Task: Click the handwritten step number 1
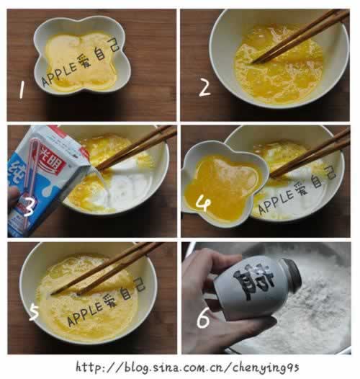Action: click(x=22, y=90)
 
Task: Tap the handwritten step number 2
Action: click(x=204, y=88)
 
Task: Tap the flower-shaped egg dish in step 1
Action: click(x=81, y=55)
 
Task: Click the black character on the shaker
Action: click(x=258, y=285)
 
